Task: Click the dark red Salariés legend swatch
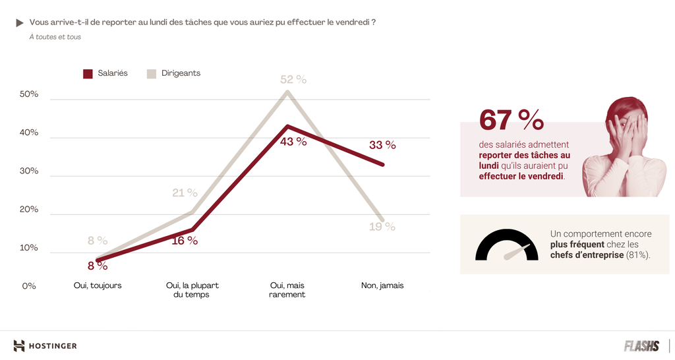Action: coord(88,74)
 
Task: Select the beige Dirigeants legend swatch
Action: coord(151,74)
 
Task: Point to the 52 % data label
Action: coord(293,79)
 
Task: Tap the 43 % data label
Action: coord(293,141)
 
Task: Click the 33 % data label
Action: coord(382,145)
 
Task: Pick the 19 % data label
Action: coord(382,227)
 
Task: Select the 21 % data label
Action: coord(185,193)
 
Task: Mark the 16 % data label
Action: coord(185,241)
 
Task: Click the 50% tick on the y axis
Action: coord(30,94)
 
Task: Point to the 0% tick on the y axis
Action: coord(29,286)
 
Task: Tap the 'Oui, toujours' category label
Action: coord(98,285)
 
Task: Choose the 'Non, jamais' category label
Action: coord(382,285)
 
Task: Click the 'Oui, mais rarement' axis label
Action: coord(287,290)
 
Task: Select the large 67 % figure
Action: coord(512,120)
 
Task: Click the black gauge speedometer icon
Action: coord(506,245)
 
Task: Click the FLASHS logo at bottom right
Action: coord(641,345)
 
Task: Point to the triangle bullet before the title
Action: coord(20,22)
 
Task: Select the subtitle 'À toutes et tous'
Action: coord(55,37)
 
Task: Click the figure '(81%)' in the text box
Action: coord(638,255)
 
